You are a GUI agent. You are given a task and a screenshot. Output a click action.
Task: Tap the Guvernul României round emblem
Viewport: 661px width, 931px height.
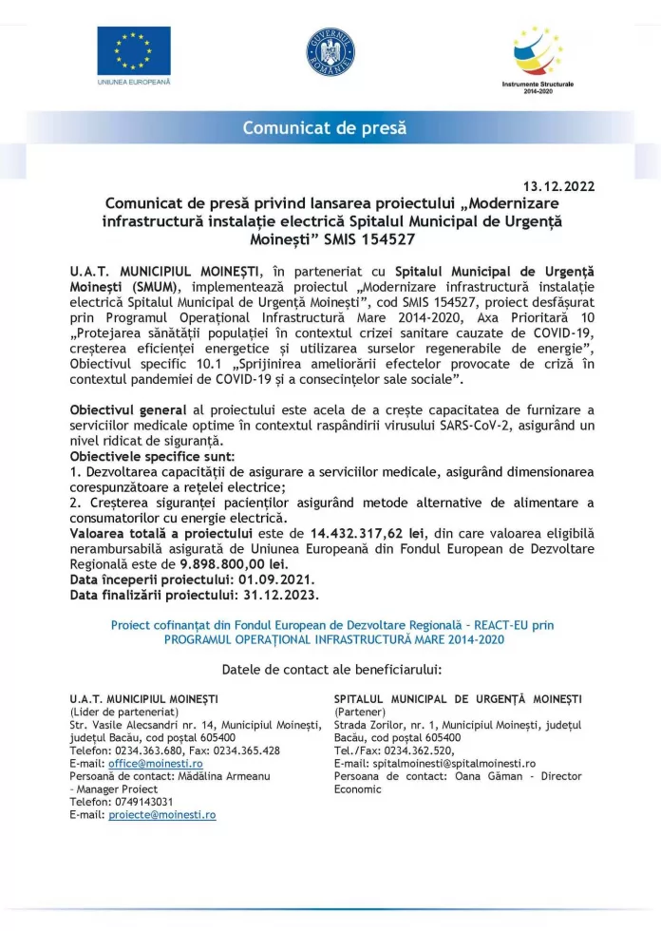click(330, 51)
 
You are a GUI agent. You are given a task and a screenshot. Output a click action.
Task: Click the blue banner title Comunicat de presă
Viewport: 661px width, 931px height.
click(324, 127)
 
